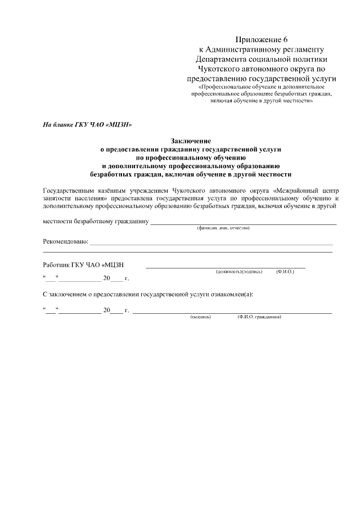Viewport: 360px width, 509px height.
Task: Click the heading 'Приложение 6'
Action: tap(262, 39)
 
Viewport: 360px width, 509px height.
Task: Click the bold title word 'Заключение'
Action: tap(190, 142)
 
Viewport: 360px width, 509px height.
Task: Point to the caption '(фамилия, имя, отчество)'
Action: tap(223, 228)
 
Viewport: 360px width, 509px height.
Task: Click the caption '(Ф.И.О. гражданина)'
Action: tap(259, 317)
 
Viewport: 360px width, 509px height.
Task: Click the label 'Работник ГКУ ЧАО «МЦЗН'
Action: tap(83, 264)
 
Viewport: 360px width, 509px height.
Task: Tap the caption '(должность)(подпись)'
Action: tap(239, 272)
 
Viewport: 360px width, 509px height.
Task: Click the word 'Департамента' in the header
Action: tap(222, 58)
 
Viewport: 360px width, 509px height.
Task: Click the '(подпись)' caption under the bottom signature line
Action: tap(201, 317)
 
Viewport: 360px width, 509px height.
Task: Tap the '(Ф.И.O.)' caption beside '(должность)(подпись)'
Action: tap(285, 272)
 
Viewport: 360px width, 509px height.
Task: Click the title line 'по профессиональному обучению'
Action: tap(190, 158)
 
